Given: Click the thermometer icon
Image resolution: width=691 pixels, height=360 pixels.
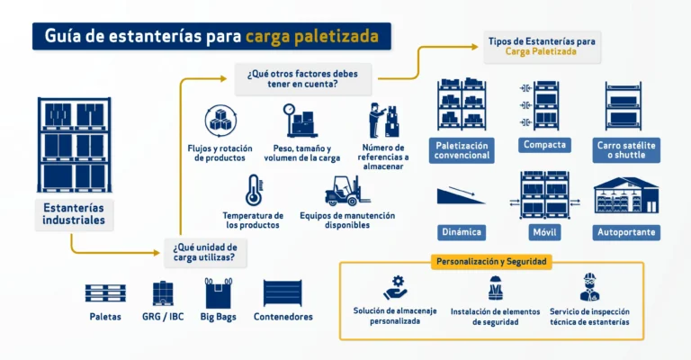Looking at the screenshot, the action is click(x=255, y=191).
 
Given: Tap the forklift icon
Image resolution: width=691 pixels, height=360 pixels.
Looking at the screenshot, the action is click(x=347, y=191).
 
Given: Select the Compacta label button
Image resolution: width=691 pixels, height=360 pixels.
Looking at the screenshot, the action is click(x=544, y=145).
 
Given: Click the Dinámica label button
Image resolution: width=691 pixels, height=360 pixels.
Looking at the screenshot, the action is click(x=462, y=232).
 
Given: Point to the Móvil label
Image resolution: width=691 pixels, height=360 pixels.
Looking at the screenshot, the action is click(x=544, y=232).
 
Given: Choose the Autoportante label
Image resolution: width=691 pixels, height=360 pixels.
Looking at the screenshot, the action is click(x=626, y=232).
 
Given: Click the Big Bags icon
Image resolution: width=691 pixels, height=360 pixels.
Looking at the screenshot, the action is click(x=218, y=293).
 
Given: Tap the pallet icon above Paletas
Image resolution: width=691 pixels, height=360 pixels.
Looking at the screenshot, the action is click(x=105, y=293).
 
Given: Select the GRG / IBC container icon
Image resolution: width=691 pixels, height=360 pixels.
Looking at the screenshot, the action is click(x=163, y=293).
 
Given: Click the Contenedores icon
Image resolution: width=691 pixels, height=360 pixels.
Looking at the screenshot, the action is click(x=283, y=293).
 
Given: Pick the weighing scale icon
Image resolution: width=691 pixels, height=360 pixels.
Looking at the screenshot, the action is click(x=300, y=121).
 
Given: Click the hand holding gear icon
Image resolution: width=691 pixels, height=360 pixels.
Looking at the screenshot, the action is click(x=395, y=288).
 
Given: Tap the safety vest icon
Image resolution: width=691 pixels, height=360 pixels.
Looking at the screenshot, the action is click(x=496, y=288).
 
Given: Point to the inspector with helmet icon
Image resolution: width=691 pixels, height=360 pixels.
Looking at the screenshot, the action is click(x=589, y=287).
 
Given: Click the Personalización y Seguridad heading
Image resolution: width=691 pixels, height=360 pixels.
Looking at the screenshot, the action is click(x=491, y=262).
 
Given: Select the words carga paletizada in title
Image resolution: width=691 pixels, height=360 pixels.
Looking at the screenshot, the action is click(x=312, y=36).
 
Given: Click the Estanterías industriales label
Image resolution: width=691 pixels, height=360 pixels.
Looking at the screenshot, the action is click(x=74, y=214).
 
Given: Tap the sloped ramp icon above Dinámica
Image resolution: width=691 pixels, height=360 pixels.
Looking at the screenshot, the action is click(x=461, y=195).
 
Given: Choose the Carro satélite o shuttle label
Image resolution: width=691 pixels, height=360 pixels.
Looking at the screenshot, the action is click(x=626, y=150).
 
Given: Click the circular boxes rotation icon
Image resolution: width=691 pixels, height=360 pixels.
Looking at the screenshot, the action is click(x=220, y=121).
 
